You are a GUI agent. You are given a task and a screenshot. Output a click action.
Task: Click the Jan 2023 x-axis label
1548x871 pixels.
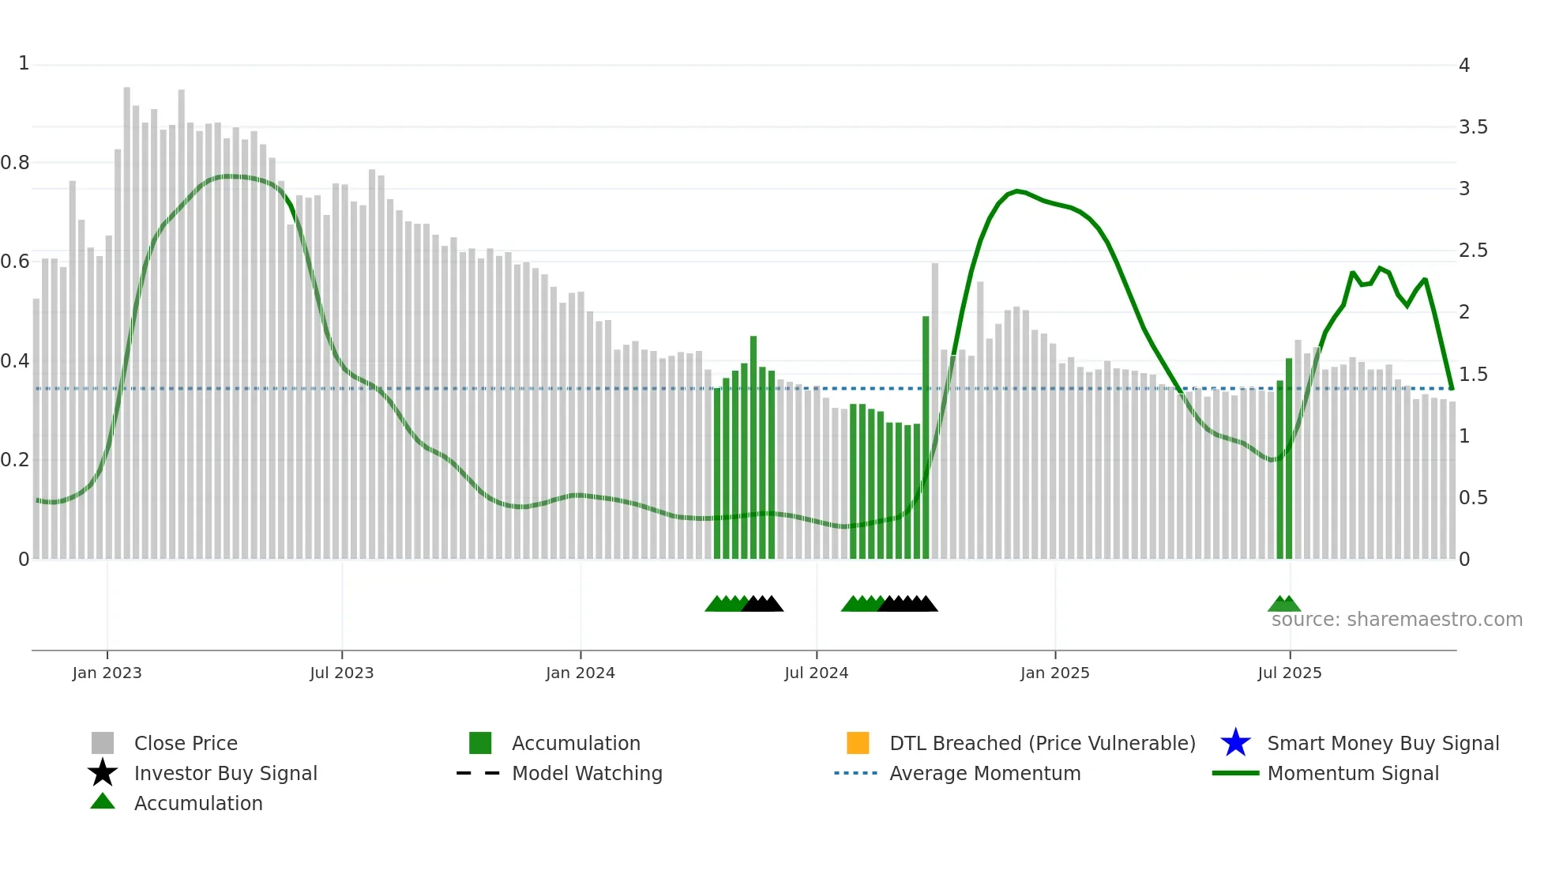coord(107,673)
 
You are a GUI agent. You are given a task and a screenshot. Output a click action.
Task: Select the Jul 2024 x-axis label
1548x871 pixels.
coord(816,673)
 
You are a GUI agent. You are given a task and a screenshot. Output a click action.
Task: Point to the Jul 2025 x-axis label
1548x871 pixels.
coord(1289,673)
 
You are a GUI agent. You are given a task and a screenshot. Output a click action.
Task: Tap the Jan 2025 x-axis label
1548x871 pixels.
coord(1054,673)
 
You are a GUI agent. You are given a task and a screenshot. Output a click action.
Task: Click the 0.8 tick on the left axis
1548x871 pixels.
coord(15,163)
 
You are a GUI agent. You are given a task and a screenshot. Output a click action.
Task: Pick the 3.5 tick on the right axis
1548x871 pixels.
coord(1473,127)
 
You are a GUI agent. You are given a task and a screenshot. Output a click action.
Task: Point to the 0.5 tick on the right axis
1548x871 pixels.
coord(1473,498)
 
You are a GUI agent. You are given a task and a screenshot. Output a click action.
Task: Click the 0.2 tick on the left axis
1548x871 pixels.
coord(15,460)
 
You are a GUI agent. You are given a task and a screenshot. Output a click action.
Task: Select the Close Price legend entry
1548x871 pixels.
coord(186,743)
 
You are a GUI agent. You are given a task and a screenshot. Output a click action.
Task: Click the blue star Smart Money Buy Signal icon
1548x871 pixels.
coord(1235,743)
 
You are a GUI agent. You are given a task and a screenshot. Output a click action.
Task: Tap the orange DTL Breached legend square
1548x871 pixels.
coord(858,743)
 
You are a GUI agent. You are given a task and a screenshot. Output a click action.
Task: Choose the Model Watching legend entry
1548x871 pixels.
coord(587,773)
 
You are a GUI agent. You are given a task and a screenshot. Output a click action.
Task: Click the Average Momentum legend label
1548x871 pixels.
coord(985,773)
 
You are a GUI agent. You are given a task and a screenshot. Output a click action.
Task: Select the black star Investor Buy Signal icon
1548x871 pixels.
coord(103,773)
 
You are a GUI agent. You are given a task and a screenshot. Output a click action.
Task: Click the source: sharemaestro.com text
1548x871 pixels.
coord(1396,620)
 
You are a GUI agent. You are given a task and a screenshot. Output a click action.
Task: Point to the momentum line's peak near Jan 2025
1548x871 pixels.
coord(1017,190)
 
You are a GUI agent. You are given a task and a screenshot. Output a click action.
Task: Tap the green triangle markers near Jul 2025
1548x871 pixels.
coord(1284,604)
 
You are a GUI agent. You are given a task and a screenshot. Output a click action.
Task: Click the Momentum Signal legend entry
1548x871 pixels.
coord(1352,773)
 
